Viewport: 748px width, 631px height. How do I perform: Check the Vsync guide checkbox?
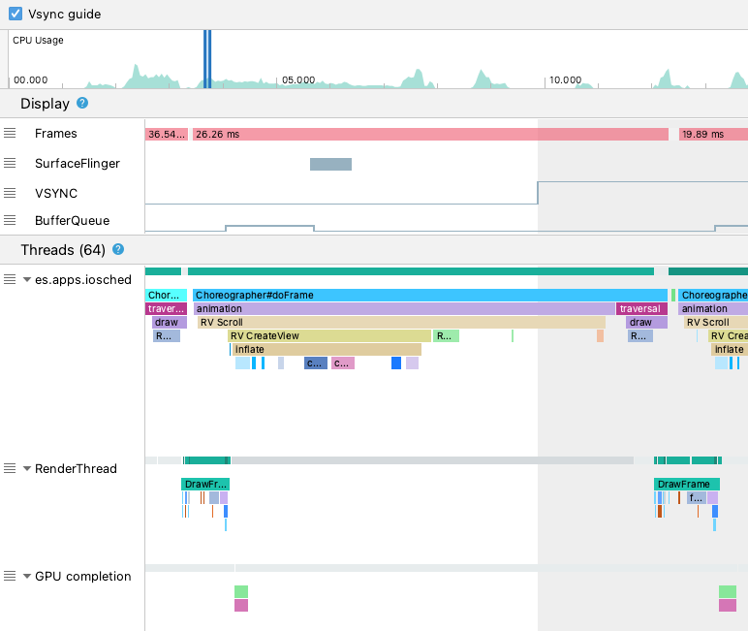coord(16,15)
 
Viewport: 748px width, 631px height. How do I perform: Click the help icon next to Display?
coord(82,104)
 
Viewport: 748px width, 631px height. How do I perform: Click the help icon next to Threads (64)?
coord(118,249)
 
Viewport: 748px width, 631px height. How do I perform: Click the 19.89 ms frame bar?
coord(713,134)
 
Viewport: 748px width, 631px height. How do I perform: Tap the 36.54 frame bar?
coord(166,134)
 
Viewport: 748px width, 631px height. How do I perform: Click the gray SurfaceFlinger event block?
coord(330,164)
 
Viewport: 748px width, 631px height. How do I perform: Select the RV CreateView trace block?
coord(329,335)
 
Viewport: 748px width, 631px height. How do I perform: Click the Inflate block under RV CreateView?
coord(327,349)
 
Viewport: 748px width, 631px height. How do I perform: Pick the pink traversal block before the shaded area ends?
coord(639,308)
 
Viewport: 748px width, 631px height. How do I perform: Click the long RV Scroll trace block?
coord(401,322)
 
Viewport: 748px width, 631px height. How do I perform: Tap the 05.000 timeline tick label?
coord(297,79)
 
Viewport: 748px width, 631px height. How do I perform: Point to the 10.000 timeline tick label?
coord(564,79)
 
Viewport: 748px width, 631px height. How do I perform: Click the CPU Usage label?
coord(38,40)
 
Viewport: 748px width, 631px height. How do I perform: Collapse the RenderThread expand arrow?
coord(27,468)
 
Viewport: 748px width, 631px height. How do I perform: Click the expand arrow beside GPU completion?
coord(27,576)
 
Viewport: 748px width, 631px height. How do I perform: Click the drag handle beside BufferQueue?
coord(10,220)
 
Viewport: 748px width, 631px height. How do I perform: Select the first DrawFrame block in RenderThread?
coord(205,484)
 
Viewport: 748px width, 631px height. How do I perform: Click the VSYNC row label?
coord(56,193)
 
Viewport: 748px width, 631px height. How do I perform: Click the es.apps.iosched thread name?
coord(82,279)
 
